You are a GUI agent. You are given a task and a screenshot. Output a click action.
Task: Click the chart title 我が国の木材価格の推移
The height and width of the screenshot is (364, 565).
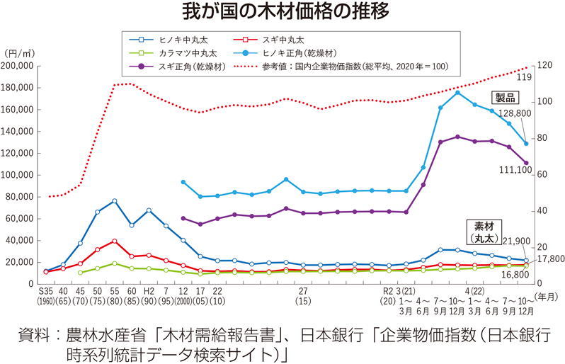pos(282,12)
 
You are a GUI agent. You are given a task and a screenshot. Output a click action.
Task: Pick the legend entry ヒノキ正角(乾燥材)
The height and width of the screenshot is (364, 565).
pos(298,53)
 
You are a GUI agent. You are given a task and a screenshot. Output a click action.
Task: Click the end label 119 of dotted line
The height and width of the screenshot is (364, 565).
pos(525,76)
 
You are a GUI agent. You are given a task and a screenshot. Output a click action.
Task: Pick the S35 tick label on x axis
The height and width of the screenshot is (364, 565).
pos(46,290)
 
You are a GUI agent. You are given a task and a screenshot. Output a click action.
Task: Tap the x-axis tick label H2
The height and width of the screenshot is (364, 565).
pos(149,290)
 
